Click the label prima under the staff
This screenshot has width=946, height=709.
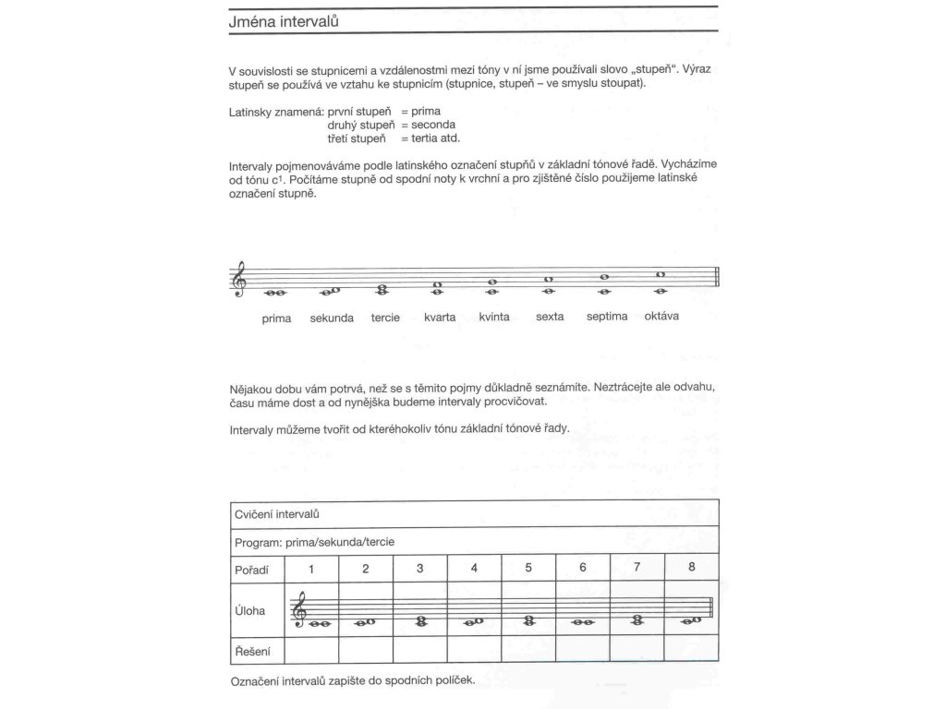276,318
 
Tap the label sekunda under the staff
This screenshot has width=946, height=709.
332,318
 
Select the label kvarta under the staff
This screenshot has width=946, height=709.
440,318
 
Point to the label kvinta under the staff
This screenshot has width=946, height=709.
494,318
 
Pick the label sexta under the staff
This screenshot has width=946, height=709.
550,317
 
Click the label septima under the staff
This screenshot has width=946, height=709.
607,317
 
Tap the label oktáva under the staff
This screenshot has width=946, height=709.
661,317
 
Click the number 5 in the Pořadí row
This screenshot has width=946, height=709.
528,568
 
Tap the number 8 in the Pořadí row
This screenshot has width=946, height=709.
692,567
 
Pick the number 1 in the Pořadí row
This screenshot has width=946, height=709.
312,568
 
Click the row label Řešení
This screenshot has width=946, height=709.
253,653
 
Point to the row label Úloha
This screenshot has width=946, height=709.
251,610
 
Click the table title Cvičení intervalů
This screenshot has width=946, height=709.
277,513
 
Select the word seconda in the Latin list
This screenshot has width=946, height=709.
434,124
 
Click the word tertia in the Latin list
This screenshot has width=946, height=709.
427,138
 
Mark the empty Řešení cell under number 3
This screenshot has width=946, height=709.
420,652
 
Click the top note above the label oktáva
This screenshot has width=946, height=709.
661,274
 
